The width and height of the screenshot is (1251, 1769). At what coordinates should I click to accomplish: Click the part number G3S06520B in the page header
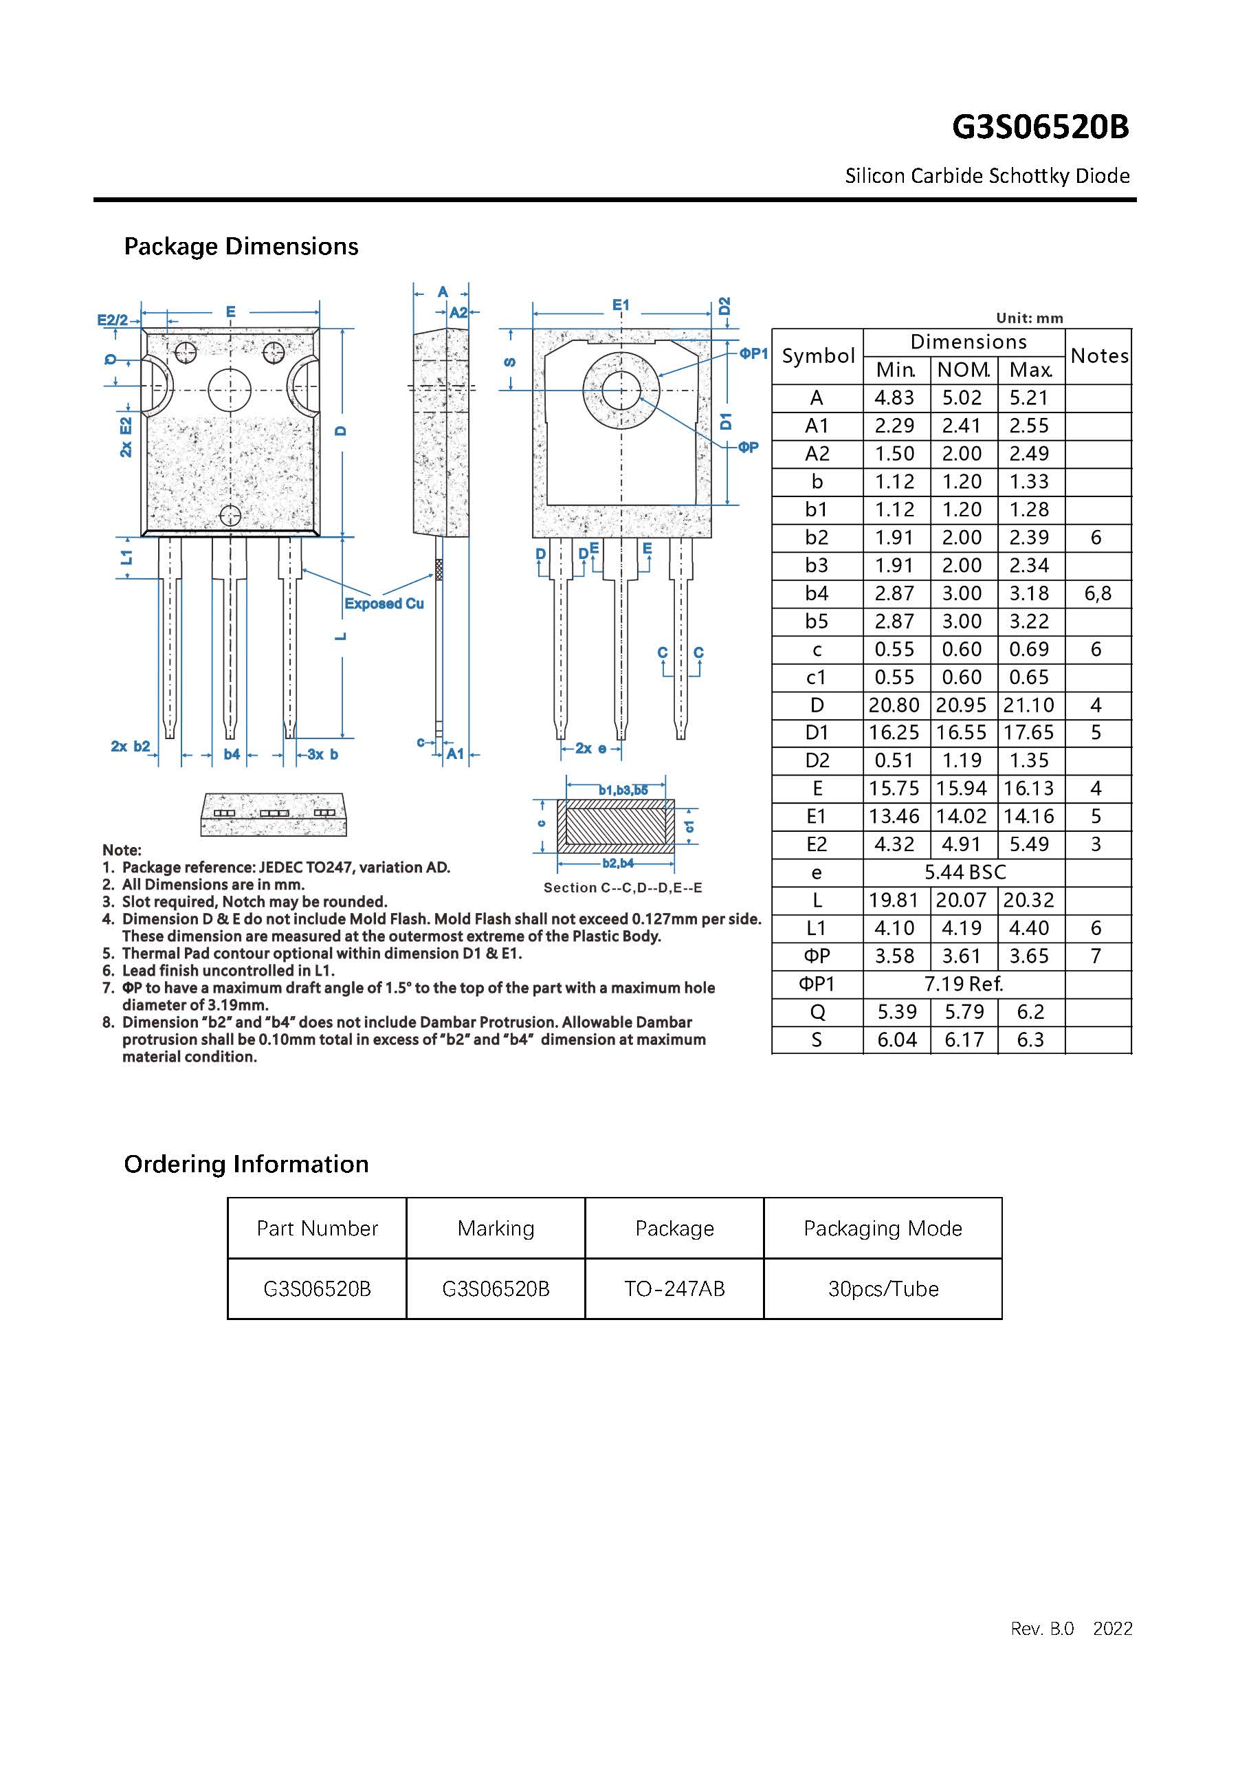1040,127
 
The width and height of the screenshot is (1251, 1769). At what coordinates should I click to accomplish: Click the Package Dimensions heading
241,247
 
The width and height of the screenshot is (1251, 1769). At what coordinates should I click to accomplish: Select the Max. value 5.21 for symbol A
1029,398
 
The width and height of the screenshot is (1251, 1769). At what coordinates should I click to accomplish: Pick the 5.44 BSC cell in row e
964,872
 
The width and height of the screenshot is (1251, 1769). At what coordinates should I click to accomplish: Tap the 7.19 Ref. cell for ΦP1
964,984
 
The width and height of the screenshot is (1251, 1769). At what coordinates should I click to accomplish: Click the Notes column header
1098,356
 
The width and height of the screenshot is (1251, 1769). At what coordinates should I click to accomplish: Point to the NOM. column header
963,371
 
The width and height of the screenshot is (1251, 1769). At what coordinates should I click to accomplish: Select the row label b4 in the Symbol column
817,593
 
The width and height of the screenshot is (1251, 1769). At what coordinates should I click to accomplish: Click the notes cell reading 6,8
1098,593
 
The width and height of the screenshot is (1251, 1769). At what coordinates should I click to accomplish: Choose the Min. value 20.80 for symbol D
894,705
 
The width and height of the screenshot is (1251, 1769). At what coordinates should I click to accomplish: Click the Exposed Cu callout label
384,604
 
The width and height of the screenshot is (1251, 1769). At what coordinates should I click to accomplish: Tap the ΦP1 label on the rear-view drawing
753,353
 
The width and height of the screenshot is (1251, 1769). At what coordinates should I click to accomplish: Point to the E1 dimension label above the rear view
621,305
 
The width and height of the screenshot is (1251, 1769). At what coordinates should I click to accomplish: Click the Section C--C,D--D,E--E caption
623,888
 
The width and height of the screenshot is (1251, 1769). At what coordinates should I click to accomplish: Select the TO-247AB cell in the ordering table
674,1289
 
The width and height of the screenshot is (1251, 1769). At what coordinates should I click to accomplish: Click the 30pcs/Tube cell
883,1289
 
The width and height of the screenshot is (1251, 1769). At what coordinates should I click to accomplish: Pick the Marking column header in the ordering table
496,1228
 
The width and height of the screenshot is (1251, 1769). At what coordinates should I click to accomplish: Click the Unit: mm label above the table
1029,318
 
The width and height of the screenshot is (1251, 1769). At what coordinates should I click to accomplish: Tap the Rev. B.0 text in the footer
1041,1650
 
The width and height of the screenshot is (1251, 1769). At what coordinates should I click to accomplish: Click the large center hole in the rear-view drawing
621,391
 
